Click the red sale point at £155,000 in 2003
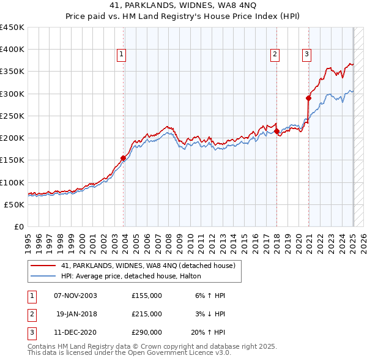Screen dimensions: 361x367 tap(123, 158)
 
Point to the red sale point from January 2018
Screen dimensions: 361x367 tap(276, 131)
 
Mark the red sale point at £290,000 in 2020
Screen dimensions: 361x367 tap(308, 98)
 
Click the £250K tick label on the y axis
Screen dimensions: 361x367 tap(12, 116)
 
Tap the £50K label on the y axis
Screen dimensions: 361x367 tap(15, 204)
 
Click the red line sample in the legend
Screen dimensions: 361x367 tap(43, 266)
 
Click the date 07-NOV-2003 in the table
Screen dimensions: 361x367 tap(75, 296)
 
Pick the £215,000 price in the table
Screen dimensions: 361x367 tap(147, 314)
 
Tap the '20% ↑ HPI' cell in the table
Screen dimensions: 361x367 tap(208, 332)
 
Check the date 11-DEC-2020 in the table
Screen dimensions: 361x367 tap(75, 332)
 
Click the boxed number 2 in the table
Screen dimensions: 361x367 tap(31, 314)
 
